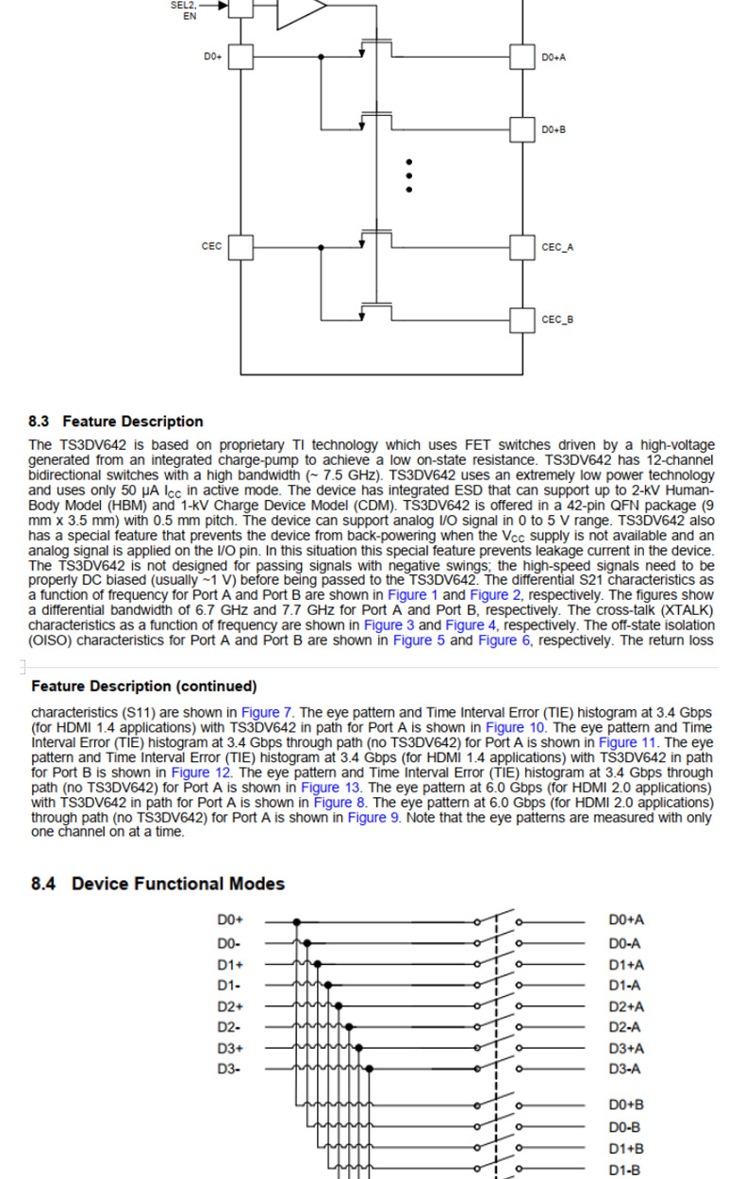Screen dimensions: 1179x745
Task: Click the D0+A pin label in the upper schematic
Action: [x=554, y=58]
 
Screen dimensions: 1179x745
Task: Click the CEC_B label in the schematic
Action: [x=557, y=320]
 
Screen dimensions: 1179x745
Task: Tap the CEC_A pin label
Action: [x=557, y=248]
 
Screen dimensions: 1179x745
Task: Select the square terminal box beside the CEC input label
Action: [x=241, y=248]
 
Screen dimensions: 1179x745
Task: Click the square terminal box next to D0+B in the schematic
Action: [x=522, y=129]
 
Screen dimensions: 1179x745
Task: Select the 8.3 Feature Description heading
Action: [x=116, y=422]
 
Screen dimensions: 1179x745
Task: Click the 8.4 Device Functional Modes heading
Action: [x=157, y=884]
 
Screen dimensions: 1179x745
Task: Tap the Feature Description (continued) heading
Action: [x=143, y=686]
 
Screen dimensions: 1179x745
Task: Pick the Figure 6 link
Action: [x=498, y=640]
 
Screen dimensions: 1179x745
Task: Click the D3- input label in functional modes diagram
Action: [x=229, y=1069]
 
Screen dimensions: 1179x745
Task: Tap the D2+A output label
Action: [x=626, y=1006]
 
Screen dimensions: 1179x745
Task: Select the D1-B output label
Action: [x=625, y=1171]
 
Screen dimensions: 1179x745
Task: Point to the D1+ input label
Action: [x=230, y=965]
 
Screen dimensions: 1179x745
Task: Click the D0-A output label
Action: [x=624, y=943]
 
